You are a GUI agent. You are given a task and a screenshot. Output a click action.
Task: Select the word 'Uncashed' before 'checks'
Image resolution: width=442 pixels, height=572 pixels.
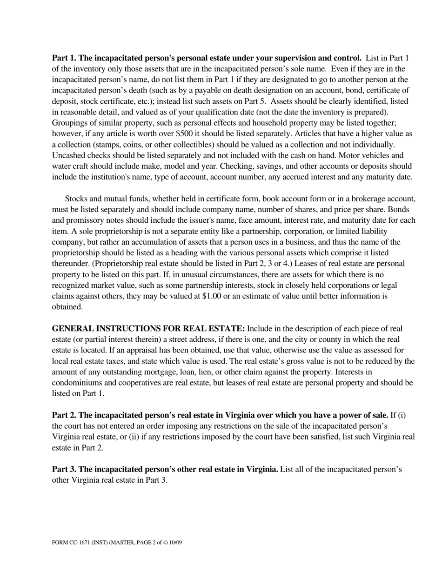click(68, 155)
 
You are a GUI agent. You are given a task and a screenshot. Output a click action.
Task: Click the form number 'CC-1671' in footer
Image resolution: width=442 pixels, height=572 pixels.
click(77, 542)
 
